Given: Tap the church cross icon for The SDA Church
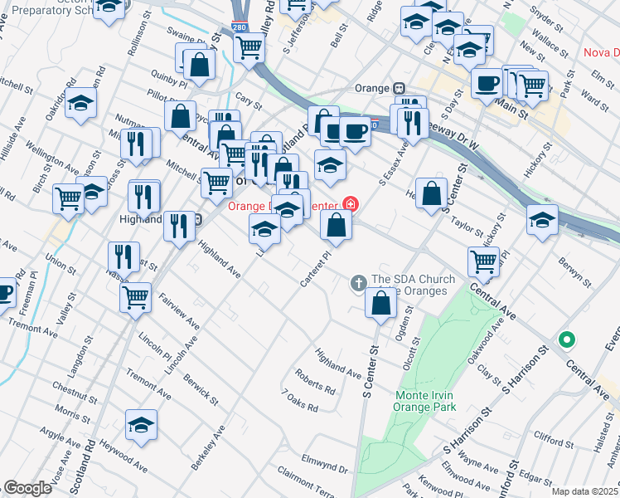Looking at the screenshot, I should pos(359,284).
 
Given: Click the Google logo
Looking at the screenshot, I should pos(27,488).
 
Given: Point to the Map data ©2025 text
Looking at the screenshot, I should pos(584,491).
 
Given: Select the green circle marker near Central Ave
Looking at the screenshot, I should pos(567,339).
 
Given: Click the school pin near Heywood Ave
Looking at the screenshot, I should pos(142,426).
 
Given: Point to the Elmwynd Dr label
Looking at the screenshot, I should pos(324,461).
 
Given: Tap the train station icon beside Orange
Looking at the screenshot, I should pos(399,89).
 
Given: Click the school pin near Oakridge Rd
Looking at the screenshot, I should pos(81,104).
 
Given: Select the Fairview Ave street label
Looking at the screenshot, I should pos(179,310).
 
